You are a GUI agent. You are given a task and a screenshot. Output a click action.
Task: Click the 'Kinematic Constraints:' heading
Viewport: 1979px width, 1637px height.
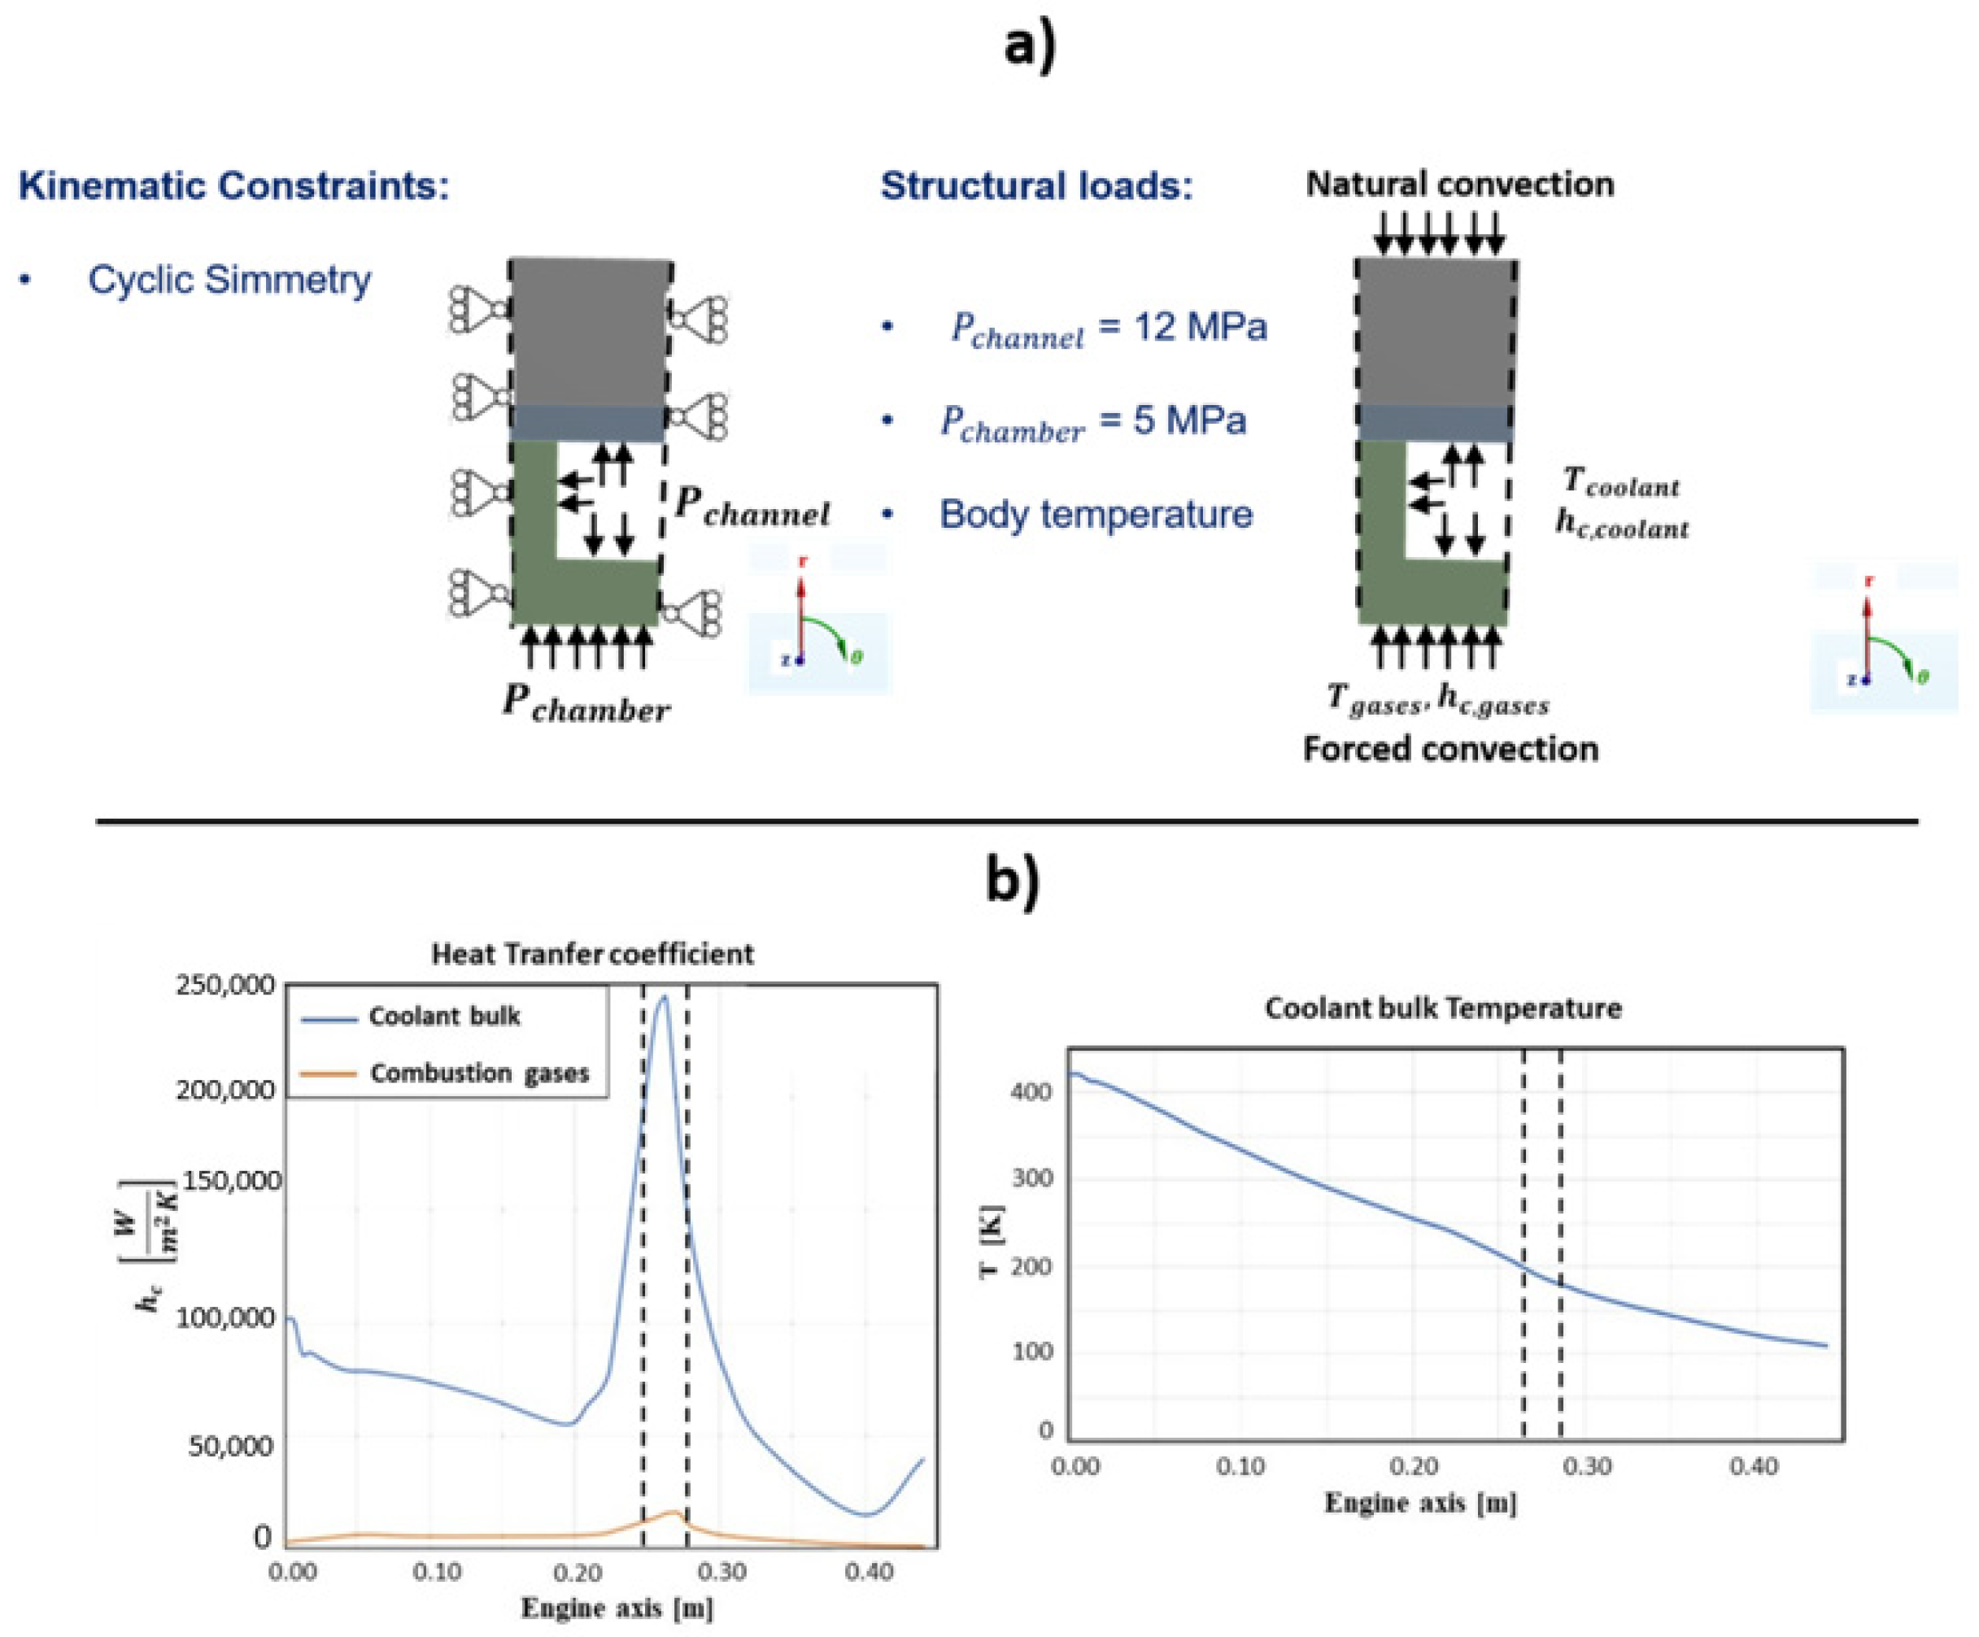click(x=233, y=185)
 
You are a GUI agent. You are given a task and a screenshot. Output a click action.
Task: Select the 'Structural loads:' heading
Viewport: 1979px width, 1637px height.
click(x=1035, y=185)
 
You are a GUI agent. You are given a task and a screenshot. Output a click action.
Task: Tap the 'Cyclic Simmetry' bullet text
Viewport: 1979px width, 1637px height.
click(x=229, y=280)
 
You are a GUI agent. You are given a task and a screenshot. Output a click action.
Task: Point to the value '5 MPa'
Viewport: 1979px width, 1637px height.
click(x=1188, y=420)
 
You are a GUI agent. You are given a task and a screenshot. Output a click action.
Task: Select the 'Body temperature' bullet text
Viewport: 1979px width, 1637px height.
click(x=1095, y=515)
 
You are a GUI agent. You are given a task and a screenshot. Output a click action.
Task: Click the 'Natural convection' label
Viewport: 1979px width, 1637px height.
click(x=1458, y=184)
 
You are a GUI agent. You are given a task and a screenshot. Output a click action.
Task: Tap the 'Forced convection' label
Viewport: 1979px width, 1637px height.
click(x=1450, y=749)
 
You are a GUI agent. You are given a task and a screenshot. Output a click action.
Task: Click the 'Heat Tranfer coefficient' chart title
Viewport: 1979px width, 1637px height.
click(x=592, y=954)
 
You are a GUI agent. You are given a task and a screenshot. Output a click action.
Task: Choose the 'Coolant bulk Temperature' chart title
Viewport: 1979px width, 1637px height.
click(x=1443, y=1008)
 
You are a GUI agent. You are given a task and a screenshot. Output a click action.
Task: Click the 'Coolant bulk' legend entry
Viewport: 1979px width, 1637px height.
click(x=444, y=1016)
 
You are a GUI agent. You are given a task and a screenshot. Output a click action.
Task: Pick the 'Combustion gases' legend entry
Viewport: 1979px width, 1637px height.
click(x=479, y=1073)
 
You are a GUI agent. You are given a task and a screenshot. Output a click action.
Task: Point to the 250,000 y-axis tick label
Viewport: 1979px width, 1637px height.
click(x=225, y=985)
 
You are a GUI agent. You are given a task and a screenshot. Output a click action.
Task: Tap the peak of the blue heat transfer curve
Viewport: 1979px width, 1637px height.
click(x=664, y=996)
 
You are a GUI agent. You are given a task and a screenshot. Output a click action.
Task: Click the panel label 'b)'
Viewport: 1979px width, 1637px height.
click(x=1012, y=882)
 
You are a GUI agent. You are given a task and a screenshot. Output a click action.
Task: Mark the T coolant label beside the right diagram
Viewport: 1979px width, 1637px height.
click(x=1620, y=481)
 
